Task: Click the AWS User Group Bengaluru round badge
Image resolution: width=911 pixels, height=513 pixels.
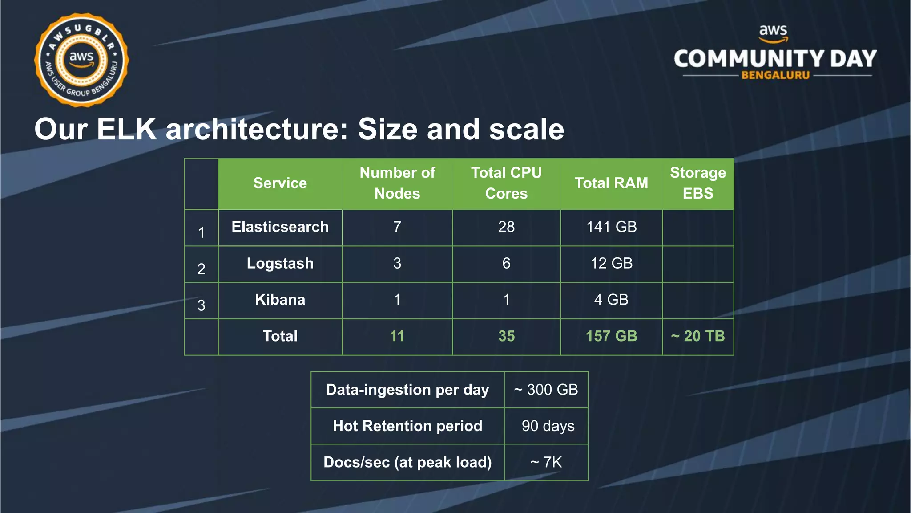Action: [x=81, y=60]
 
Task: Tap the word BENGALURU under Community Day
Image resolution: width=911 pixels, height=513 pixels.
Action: [x=775, y=75]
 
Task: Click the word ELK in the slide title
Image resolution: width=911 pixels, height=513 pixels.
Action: [x=126, y=129]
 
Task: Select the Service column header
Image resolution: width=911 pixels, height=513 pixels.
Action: [x=280, y=183]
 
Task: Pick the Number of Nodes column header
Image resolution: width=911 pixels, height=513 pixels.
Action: [x=397, y=183]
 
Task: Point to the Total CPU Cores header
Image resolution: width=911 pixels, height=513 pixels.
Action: [x=506, y=183]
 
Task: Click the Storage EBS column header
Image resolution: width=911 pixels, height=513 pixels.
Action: [x=697, y=183]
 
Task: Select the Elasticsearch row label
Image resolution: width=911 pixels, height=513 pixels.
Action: [x=280, y=227]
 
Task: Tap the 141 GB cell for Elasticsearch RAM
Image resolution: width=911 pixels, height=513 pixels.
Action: [x=611, y=227]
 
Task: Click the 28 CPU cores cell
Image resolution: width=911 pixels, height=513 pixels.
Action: [x=506, y=227]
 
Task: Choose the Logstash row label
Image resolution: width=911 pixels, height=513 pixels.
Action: [x=280, y=263]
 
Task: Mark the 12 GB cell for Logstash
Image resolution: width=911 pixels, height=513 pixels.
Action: [x=611, y=263]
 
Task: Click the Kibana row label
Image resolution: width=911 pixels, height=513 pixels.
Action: [x=280, y=300]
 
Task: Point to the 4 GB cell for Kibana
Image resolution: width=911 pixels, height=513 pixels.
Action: [x=611, y=300]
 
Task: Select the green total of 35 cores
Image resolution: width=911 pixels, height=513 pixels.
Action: [x=506, y=336]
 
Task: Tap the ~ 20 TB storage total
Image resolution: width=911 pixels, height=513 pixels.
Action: [x=697, y=336]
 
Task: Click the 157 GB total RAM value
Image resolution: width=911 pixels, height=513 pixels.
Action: [x=611, y=336]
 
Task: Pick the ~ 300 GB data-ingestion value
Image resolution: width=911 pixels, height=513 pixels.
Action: [x=546, y=390]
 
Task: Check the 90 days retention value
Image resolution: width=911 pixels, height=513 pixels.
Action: [x=548, y=426]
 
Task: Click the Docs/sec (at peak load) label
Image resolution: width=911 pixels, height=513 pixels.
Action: [x=407, y=462]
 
